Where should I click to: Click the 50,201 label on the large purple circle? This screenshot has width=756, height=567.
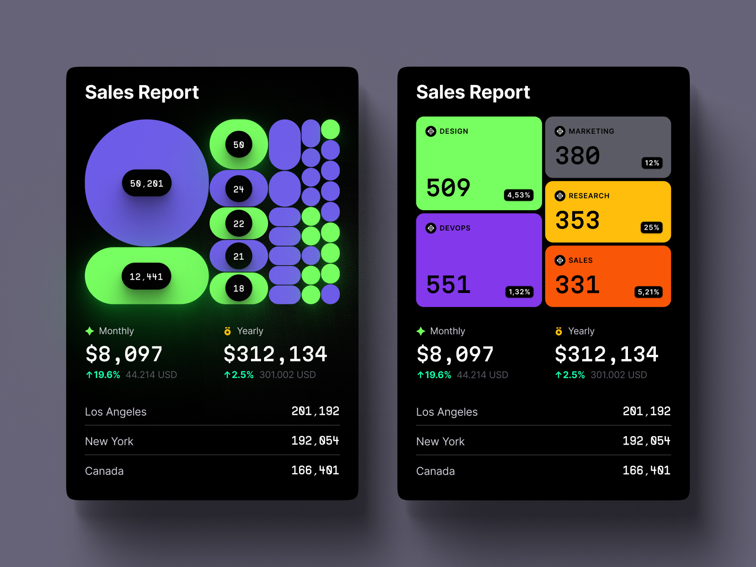[146, 183]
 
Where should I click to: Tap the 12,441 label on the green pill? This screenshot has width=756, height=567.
[146, 276]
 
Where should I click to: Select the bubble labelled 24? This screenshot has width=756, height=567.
[239, 189]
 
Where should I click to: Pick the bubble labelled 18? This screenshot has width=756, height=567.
[239, 288]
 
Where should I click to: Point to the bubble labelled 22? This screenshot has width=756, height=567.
[239, 223]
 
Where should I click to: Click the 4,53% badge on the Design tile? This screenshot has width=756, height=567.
[518, 195]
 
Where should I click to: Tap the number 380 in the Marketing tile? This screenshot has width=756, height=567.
[577, 155]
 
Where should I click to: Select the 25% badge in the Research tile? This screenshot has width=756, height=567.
[651, 227]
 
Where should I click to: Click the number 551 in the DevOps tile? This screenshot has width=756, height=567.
[448, 284]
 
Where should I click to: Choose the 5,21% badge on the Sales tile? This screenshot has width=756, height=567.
[648, 292]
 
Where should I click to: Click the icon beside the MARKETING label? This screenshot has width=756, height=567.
[560, 131]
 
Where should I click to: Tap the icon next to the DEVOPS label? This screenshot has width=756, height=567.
[431, 228]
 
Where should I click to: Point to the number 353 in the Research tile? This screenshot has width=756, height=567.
[577, 220]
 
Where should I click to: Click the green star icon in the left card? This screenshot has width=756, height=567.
[90, 331]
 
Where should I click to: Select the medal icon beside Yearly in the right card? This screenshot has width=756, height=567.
[558, 331]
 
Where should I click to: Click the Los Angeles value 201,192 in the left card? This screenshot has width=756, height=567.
[315, 411]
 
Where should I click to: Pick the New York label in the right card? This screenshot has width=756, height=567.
[440, 441]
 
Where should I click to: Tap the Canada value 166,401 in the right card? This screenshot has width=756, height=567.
[646, 471]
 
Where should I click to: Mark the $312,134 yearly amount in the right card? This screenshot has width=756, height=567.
[606, 354]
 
